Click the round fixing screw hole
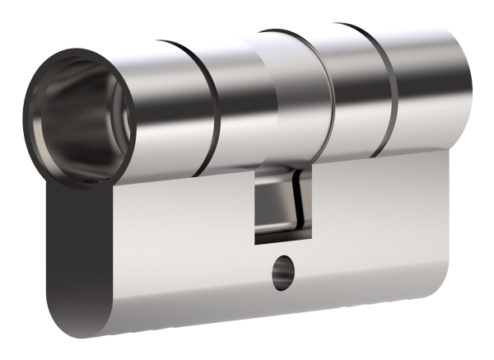[x=281, y=273]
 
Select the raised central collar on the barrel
[x=287, y=99]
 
